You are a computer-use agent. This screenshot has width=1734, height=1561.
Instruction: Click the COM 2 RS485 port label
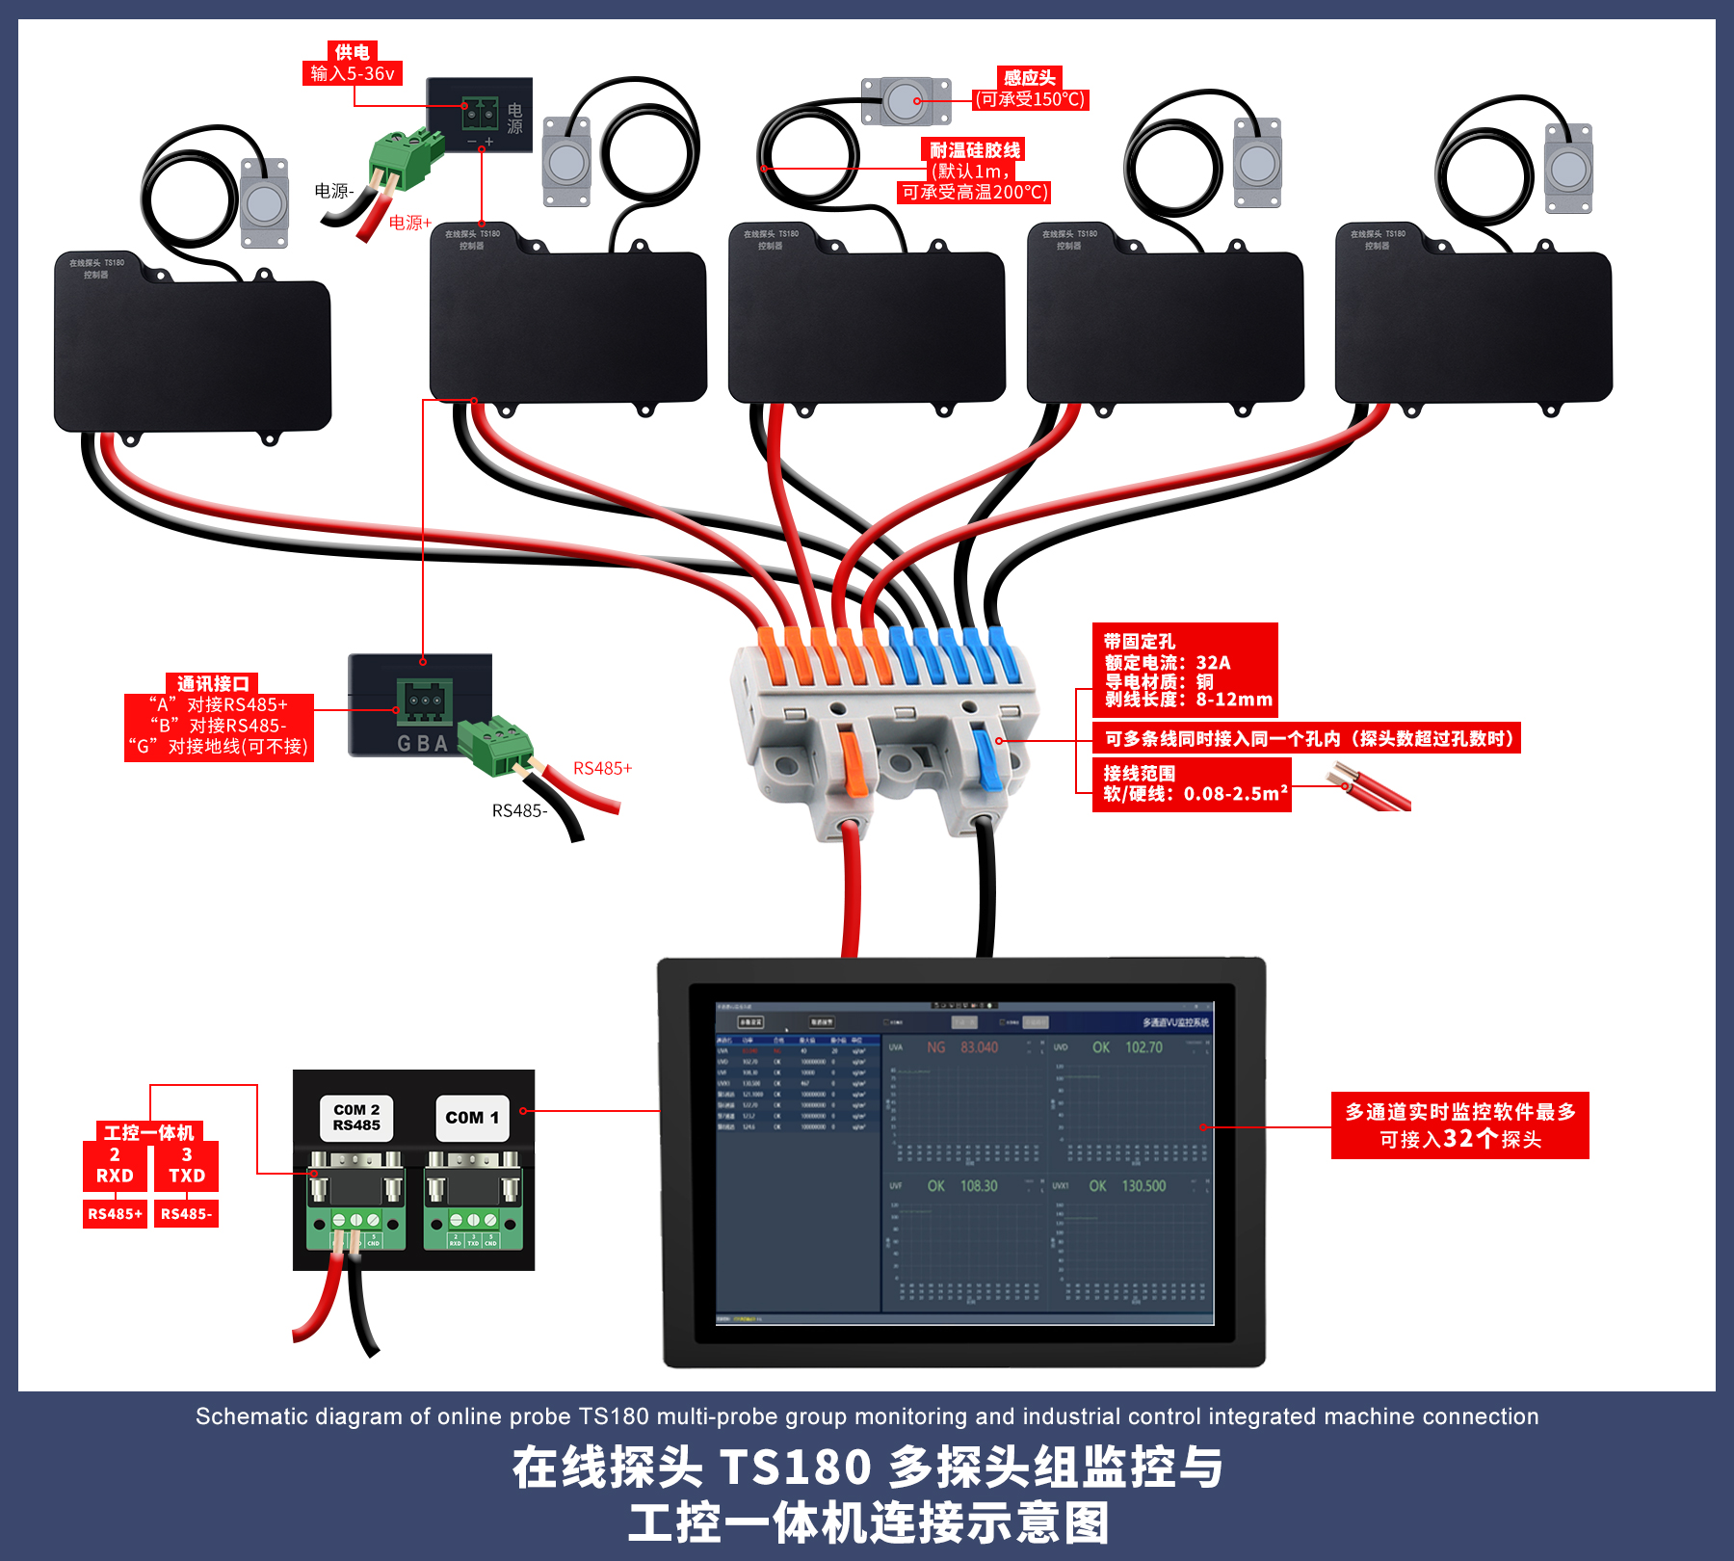click(356, 1118)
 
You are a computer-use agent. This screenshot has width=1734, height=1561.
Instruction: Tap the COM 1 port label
click(472, 1118)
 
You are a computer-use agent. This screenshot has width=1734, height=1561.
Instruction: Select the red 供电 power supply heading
click(352, 52)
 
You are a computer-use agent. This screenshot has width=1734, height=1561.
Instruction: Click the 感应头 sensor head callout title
click(1029, 77)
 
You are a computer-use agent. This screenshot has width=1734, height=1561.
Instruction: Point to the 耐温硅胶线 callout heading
click(974, 150)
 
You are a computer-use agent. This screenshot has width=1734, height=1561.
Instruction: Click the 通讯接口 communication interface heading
click(213, 683)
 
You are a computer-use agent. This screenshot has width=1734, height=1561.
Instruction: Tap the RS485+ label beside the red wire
click(602, 768)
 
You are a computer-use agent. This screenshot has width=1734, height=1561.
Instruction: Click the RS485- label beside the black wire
click(519, 811)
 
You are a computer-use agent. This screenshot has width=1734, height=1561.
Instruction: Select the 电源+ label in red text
click(409, 223)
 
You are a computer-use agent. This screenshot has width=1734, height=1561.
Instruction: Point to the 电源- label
click(334, 191)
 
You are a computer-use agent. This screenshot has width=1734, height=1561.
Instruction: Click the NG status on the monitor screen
click(935, 1047)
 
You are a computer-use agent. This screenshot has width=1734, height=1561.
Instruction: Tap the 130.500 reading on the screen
click(1143, 1186)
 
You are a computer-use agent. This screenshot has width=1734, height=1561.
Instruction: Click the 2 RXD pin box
click(115, 1166)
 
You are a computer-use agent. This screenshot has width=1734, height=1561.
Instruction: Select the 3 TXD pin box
click(187, 1166)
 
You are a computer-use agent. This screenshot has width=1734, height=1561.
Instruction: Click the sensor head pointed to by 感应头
click(906, 101)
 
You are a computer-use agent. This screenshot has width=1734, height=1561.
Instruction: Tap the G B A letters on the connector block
click(423, 744)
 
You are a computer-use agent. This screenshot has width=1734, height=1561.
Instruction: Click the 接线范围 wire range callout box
click(1192, 783)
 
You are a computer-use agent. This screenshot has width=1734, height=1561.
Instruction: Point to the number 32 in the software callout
click(1458, 1139)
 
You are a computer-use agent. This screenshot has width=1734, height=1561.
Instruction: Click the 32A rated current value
click(1213, 663)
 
